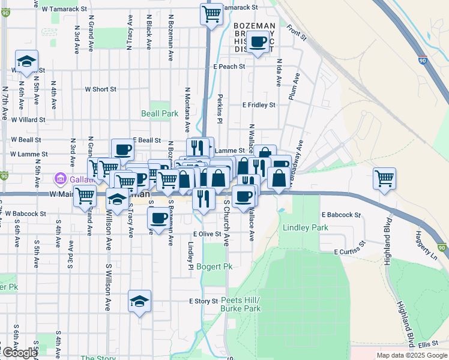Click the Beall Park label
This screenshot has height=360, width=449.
pos(160,113)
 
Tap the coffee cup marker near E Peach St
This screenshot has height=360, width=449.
pos(258,43)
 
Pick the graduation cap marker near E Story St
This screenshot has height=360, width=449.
pos(139,301)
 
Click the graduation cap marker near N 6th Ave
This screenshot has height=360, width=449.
pos(26,62)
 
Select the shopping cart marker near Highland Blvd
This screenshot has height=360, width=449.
pos(384,178)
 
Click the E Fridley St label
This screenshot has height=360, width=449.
pos(259,104)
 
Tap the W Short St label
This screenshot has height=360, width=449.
pos(100,89)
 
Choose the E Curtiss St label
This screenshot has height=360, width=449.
pos(350,249)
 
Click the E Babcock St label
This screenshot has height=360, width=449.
pos(341,214)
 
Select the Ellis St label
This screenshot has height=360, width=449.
pos(430,344)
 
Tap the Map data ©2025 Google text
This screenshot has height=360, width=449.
pos(411,355)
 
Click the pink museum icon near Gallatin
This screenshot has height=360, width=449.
pos(59,178)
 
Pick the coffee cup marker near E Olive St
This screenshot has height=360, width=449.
pos(158,220)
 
